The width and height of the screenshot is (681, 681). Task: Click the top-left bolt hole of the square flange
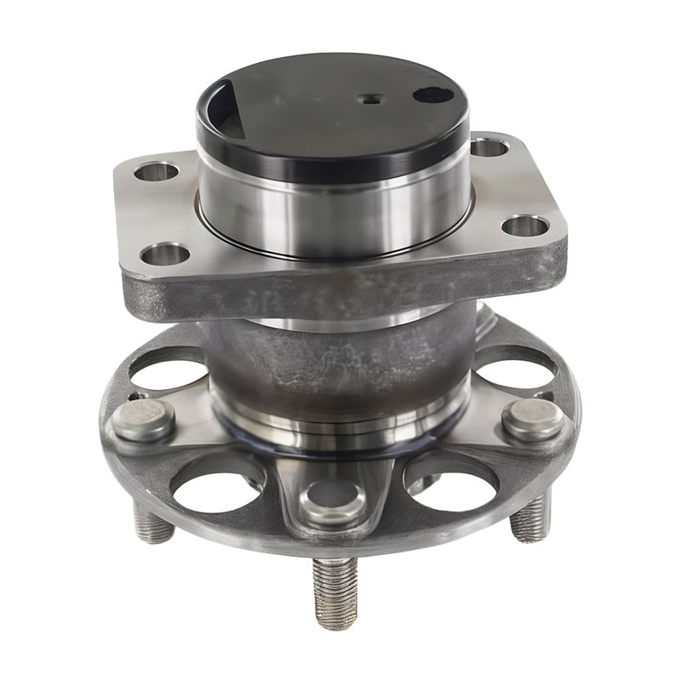tap(156, 172)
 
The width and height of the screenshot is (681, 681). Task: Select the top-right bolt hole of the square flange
tap(489, 148)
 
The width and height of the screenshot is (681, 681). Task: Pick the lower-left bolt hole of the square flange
tap(164, 254)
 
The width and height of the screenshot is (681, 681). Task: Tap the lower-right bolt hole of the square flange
tap(525, 226)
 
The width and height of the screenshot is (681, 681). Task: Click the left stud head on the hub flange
tap(144, 420)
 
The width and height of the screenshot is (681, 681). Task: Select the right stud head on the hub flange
tap(532, 419)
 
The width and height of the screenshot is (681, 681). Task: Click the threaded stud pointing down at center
tap(336, 592)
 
